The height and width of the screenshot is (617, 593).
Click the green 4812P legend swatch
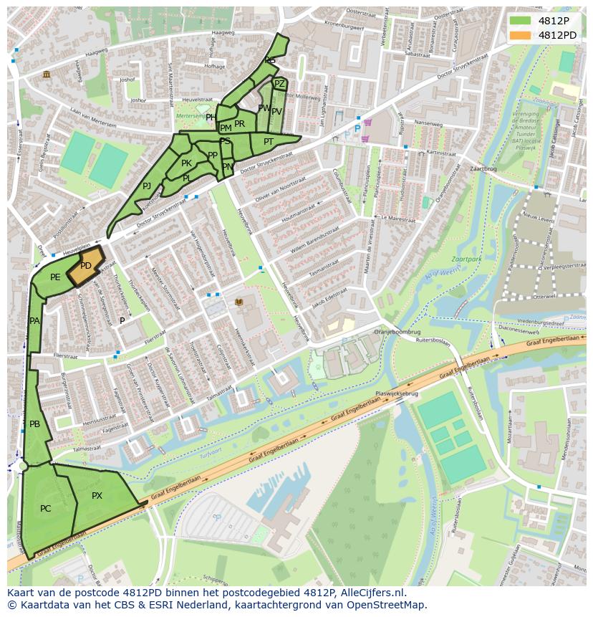pos(521,21)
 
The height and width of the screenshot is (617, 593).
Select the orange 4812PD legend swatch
pos(521,35)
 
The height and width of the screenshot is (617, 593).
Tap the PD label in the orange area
pos(85,266)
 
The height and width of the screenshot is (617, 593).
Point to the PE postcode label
pos(55,277)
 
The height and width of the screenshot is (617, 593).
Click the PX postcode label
pos(97,496)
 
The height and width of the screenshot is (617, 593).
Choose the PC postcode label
pos(45,509)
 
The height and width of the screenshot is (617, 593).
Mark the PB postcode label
pos(34,424)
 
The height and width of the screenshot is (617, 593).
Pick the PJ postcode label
pos(147,186)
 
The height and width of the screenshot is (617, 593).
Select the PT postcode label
pos(269,142)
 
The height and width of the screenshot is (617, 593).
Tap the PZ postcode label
pos(279,84)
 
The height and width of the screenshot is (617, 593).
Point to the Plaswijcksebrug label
pos(397,394)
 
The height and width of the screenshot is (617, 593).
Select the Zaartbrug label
pos(483,170)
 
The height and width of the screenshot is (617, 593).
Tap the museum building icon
pos(47,75)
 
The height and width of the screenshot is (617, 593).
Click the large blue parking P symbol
pos(357,129)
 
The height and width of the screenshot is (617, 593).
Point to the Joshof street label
pos(127,80)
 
